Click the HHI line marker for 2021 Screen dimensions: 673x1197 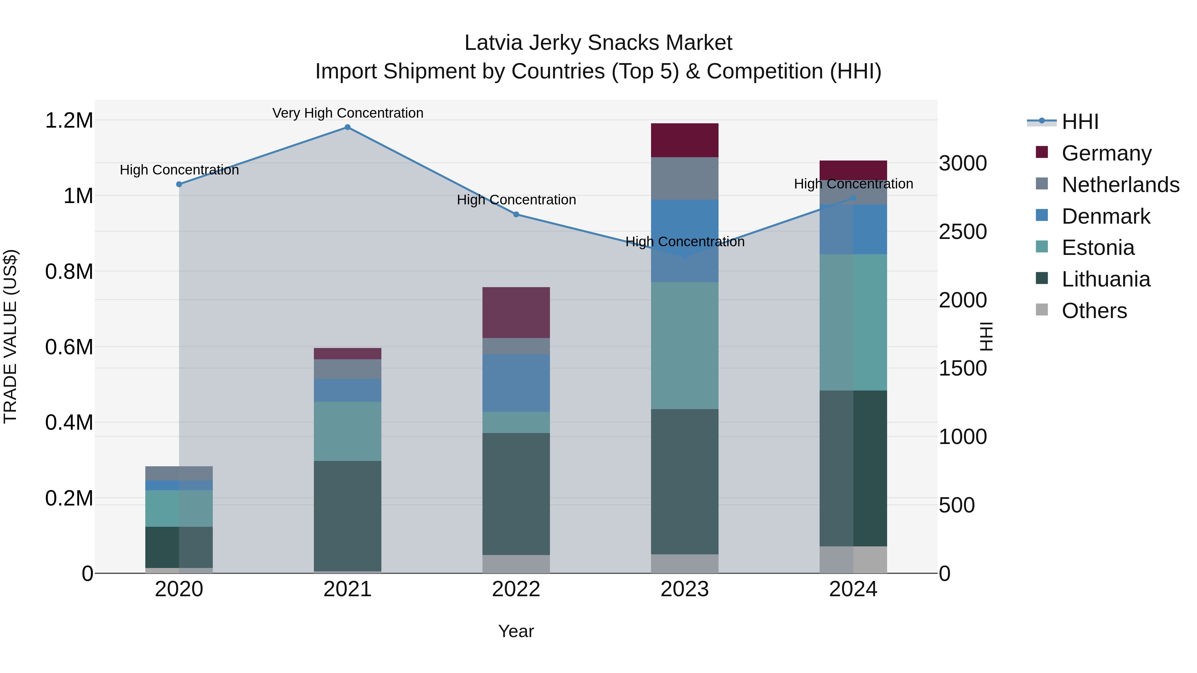coord(347,127)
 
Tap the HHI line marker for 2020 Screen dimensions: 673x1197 coord(179,184)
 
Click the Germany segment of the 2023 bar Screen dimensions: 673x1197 coord(685,140)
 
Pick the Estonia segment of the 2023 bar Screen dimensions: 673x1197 coord(685,346)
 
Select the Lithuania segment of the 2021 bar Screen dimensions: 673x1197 coord(347,515)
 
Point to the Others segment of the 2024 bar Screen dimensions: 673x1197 coord(853,560)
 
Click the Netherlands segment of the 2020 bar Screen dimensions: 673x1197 coord(179,473)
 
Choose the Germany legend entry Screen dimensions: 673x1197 coord(1106,153)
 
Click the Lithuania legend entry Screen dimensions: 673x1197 coord(1106,279)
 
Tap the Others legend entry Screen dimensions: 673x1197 coord(1094,311)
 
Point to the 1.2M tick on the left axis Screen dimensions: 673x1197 coord(69,121)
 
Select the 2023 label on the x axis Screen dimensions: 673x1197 coord(685,589)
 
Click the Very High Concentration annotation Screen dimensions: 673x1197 coord(347,113)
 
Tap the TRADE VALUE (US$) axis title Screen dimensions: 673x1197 coord(10,336)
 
